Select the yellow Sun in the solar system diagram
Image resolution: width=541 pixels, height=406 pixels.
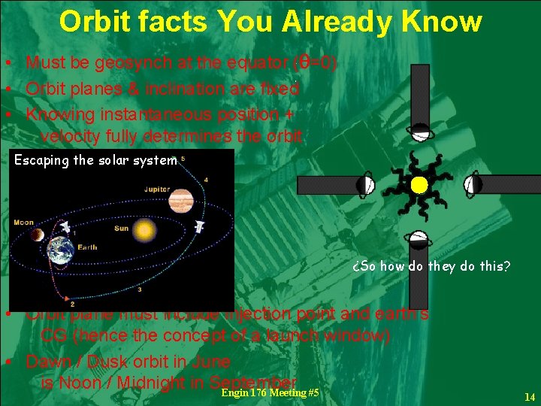tap(144, 229)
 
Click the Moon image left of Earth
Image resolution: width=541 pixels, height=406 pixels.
tap(37, 235)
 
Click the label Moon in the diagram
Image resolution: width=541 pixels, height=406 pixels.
tap(24, 223)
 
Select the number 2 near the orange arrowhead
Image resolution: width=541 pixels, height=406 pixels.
tap(72, 304)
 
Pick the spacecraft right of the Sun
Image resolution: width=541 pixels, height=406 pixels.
tap(200, 226)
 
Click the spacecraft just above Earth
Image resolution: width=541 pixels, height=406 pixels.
tap(65, 226)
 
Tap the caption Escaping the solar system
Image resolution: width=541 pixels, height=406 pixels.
tap(95, 159)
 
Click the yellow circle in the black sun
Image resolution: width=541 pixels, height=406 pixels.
tap(419, 184)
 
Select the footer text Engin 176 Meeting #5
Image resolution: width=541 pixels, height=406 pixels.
tap(270, 393)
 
